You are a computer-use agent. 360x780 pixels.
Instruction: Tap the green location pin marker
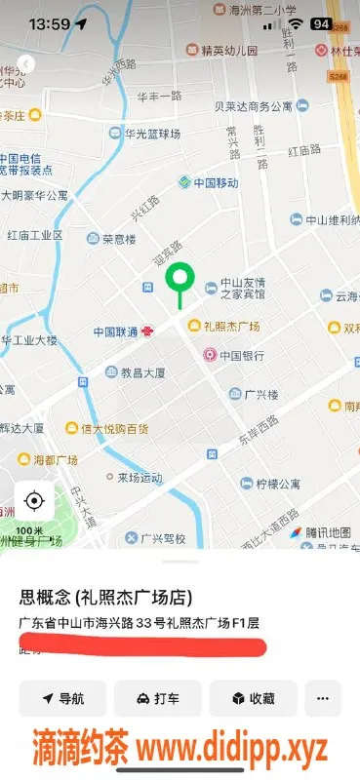[x=179, y=279]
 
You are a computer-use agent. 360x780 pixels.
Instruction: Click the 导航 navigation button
[x=62, y=698]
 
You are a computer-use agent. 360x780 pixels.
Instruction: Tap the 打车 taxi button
[x=157, y=698]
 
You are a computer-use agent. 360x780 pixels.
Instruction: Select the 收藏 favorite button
[x=252, y=698]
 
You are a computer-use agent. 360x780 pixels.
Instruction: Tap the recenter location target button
[x=34, y=501]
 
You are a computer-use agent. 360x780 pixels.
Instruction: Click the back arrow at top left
[x=26, y=64]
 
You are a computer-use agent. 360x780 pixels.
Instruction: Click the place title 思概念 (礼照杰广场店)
[x=105, y=597]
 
